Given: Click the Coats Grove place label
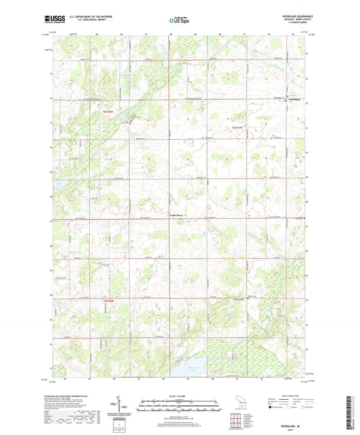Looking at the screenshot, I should (176, 215).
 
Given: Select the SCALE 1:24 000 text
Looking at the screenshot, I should (179, 396).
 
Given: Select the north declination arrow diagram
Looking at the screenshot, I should (126, 405).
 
